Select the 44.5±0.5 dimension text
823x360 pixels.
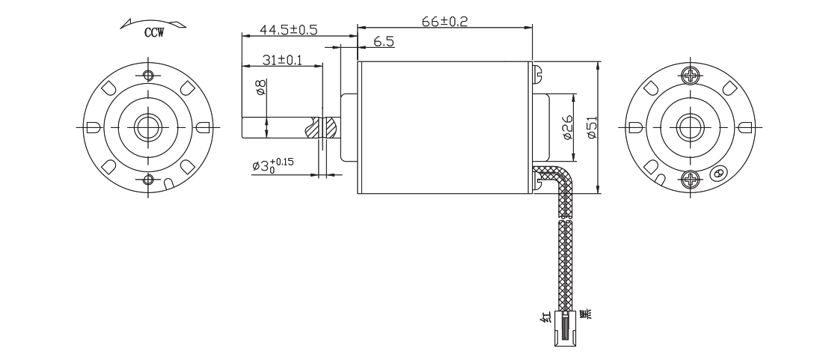[289, 30]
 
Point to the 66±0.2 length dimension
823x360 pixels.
[444, 21]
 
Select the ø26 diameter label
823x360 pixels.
[567, 127]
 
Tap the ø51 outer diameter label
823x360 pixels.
[591, 127]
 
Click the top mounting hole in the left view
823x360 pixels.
[147, 75]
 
